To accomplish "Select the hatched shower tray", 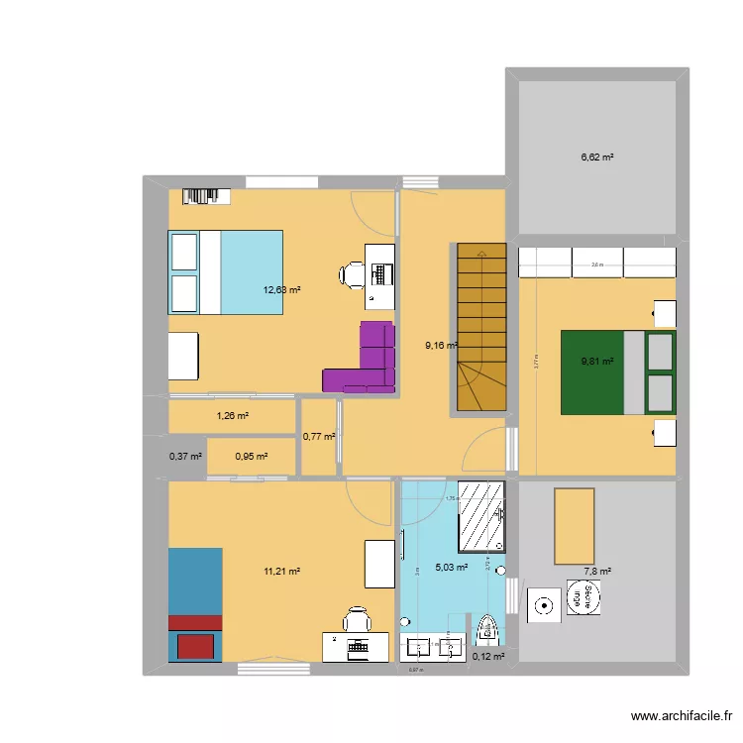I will [x=480, y=516].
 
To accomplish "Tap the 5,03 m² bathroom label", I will [x=451, y=569].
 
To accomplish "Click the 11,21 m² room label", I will [x=281, y=571].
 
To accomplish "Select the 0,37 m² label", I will [x=185, y=457].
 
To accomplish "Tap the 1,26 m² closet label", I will [x=232, y=416].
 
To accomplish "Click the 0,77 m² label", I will [x=319, y=436].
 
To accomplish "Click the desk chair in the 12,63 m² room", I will [x=353, y=274].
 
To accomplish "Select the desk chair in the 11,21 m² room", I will [x=356, y=621].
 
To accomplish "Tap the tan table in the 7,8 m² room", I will [x=574, y=525].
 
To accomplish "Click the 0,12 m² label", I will [x=488, y=656].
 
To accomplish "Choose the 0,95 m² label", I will [x=251, y=457].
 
